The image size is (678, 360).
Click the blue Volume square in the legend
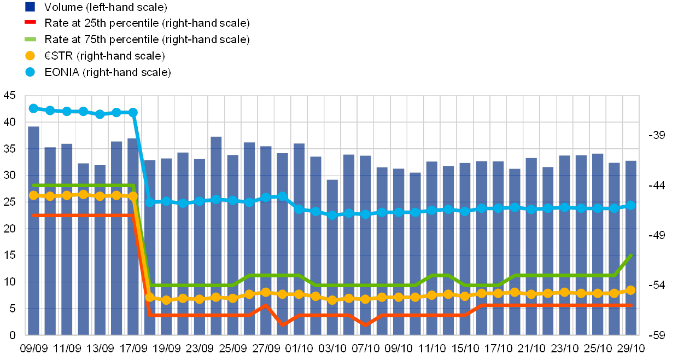point(31,7)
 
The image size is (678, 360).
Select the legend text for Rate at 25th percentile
point(148,24)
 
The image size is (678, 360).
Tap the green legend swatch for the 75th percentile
point(31,39)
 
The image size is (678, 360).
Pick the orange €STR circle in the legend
point(31,56)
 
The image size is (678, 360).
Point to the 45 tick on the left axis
point(10,95)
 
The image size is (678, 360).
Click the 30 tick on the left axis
point(10,175)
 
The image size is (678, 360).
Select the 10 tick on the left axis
point(10,282)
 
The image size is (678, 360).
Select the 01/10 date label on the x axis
point(299,348)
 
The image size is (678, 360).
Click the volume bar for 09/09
point(33,230)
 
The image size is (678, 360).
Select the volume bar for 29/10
point(630,246)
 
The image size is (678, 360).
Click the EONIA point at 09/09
point(33,108)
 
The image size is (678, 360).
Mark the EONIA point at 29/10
point(630,205)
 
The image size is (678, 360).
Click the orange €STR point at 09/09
point(33,195)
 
